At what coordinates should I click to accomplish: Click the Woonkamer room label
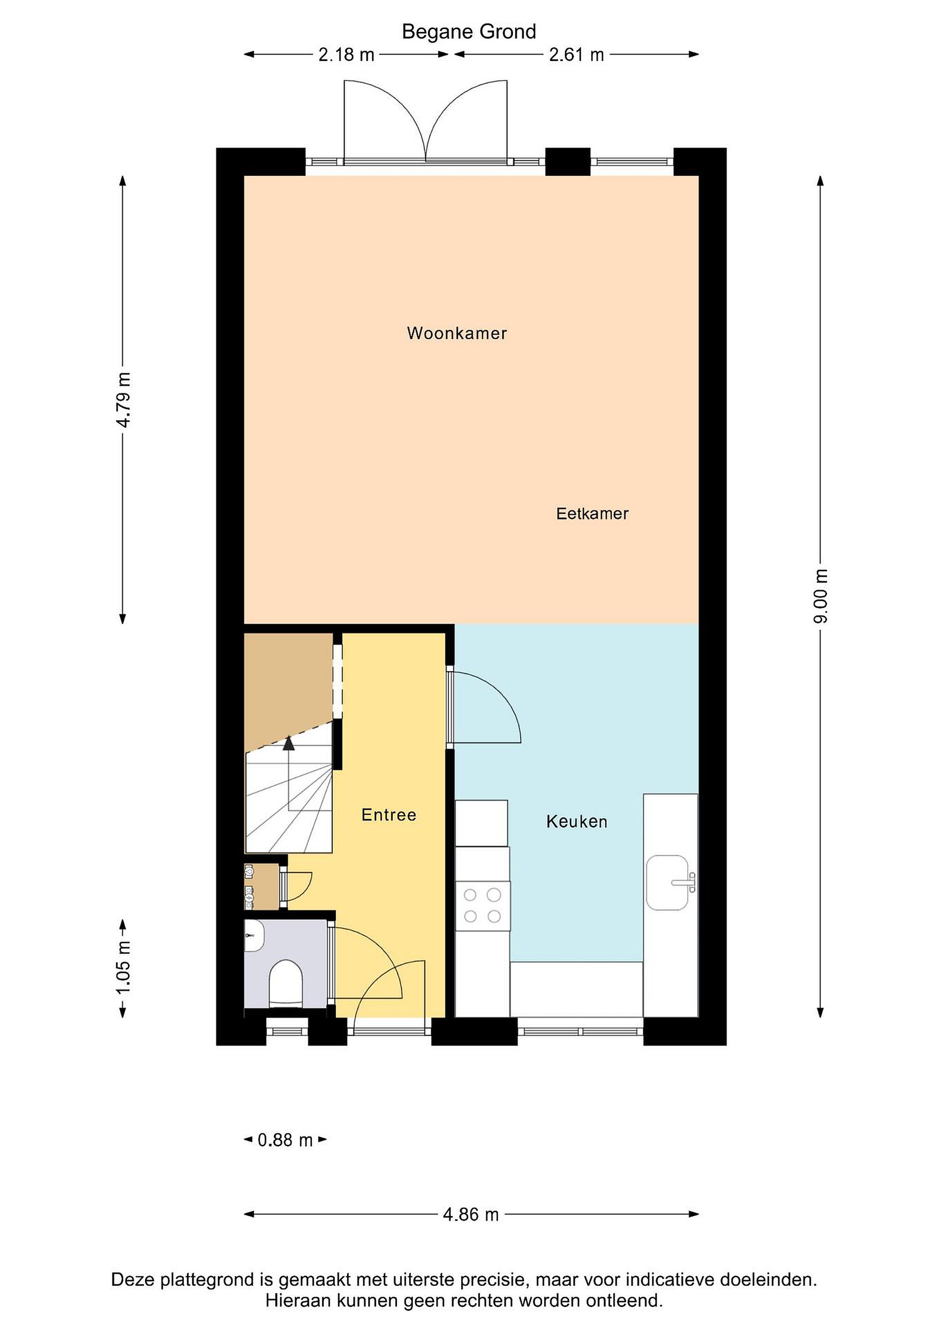pos(457,333)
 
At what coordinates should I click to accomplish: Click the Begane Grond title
pos(469,31)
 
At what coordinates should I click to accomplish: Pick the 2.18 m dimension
pos(346,55)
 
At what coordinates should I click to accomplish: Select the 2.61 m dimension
pos(577,55)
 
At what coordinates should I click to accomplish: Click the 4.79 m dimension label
pos(124,400)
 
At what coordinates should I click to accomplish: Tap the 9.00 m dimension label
pos(821,596)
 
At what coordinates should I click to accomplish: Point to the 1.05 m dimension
pos(124,969)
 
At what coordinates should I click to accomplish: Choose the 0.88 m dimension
pos(285,1140)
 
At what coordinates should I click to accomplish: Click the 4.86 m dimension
pos(471,1215)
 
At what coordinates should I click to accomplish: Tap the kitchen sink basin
pos(667,883)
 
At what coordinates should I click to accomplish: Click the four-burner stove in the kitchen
pos(482,906)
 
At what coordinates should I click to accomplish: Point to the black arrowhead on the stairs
pos(289,743)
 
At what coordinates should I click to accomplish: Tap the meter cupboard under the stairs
pos(262,887)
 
